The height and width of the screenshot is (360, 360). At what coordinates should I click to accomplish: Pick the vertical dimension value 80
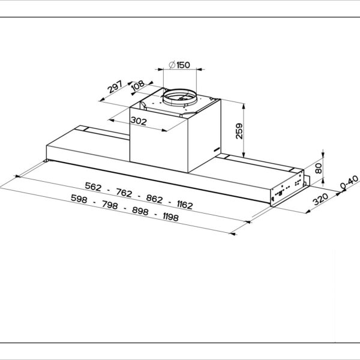pyautogui.click(x=319, y=167)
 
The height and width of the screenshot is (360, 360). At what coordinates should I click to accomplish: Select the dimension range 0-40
pyautogui.click(x=349, y=183)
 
